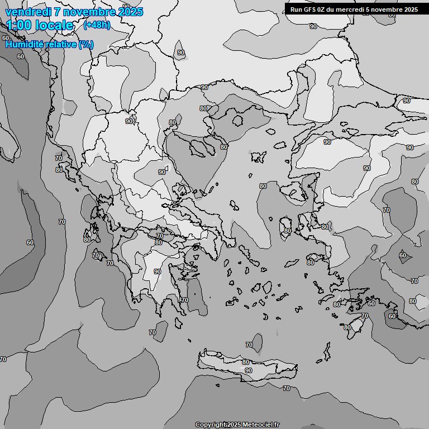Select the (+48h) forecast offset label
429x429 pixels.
(x=97, y=25)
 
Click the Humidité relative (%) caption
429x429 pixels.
(x=49, y=44)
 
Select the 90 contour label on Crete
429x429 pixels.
(x=248, y=370)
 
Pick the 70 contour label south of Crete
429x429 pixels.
(x=287, y=388)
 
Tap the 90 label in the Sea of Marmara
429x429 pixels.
(x=327, y=142)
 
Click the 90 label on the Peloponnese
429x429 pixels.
(x=158, y=271)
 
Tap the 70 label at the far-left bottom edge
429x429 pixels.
(x=3, y=359)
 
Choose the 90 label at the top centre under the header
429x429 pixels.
(x=313, y=26)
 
